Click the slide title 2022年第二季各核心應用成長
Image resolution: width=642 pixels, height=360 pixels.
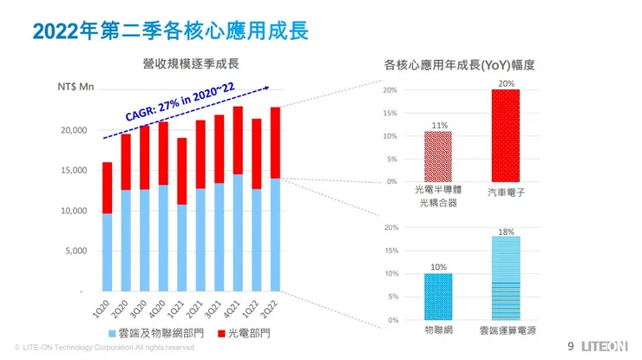[170, 31]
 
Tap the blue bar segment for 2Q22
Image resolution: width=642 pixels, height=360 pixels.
[275, 234]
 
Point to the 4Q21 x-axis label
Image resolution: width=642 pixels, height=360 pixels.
[232, 307]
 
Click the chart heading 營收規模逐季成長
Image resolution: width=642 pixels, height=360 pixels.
[191, 63]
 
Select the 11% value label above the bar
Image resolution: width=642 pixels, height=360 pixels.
[439, 125]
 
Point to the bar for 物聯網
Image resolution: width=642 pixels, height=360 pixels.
[438, 297]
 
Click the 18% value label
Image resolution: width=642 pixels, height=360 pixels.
[507, 232]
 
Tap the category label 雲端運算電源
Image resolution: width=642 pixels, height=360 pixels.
[507, 331]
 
